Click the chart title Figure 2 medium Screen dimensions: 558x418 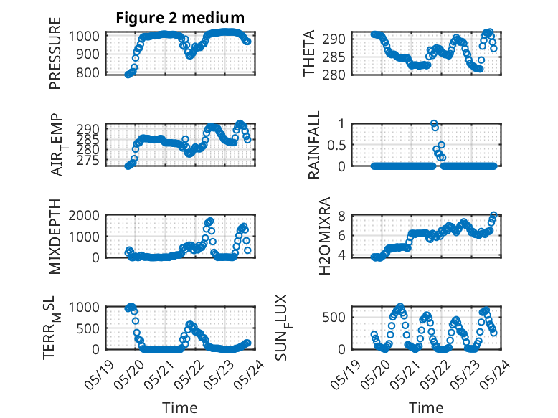pos(180,17)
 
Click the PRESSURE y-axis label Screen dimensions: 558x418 pos(55,53)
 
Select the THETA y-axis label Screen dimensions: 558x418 pos(309,53)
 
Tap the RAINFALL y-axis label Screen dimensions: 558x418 pos(313,145)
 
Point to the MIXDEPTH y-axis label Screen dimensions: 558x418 pos(55,237)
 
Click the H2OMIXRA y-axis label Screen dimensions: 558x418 pos(325,236)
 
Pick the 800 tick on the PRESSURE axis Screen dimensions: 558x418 pos(88,72)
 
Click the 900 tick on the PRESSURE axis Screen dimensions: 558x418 pos(88,54)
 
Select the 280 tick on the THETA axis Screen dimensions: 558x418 pos(334,75)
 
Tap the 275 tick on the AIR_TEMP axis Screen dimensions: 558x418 pos(88,161)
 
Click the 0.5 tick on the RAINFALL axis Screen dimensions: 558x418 pos(336,145)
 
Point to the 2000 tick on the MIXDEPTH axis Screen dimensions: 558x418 pos(84,215)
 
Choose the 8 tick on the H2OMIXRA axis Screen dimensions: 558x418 pos(341,216)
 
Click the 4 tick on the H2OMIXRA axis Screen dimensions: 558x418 pos(341,255)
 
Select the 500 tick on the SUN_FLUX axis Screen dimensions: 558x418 pos(334,317)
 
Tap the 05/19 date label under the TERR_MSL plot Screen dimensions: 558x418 pos(99,375)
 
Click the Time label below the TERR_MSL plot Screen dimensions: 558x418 pos(180,408)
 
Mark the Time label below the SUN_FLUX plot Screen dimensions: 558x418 pos(426,408)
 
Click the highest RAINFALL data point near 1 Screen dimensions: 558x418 pos(433,123)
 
